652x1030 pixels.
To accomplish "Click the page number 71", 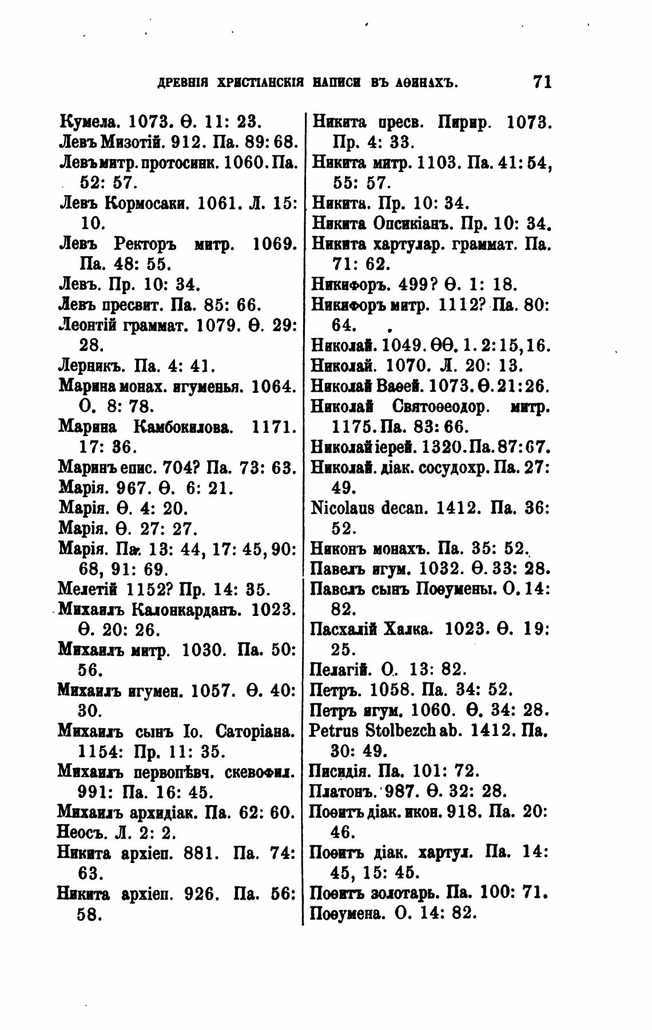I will tap(541, 82).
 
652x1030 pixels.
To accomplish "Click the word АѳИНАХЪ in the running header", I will tap(427, 83).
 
